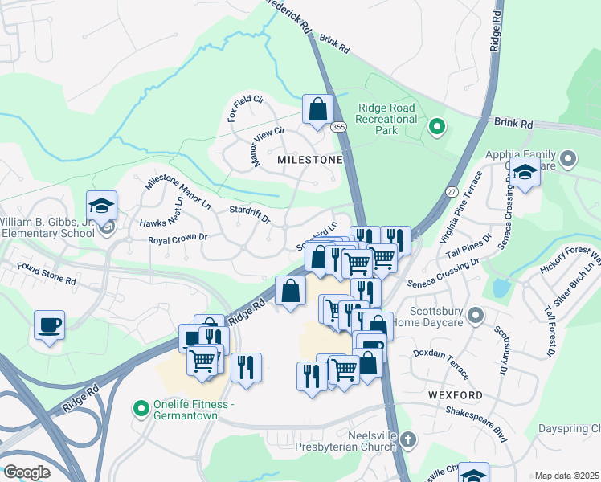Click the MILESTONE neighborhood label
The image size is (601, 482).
(309, 160)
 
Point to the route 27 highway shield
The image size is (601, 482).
(452, 192)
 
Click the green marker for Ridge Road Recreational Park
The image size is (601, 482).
(437, 125)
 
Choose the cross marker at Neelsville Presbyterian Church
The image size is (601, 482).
(408, 439)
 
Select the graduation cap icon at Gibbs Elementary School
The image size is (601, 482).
(102, 206)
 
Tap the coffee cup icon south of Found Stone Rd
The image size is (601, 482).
(50, 325)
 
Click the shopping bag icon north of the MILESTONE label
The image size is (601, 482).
(317, 109)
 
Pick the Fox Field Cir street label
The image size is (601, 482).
(245, 108)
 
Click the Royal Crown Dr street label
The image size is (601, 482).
(178, 239)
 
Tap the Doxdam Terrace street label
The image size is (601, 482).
(440, 353)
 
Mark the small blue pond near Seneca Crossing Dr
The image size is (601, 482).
(502, 287)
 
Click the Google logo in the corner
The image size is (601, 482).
(27, 472)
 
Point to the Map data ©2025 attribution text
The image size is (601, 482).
(566, 476)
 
